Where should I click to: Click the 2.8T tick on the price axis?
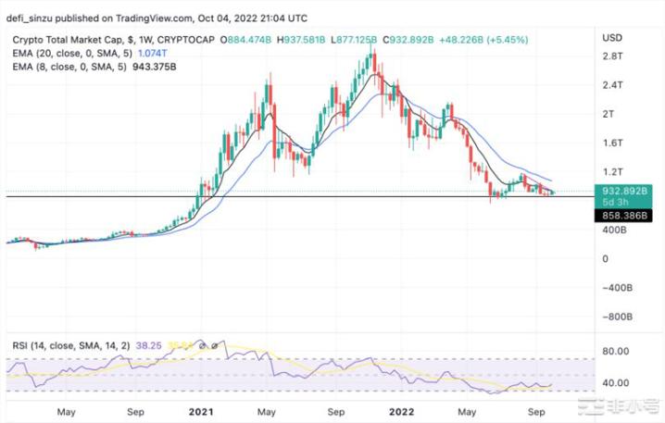tap(612, 56)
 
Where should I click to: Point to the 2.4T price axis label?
tap(612, 85)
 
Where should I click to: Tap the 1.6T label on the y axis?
tap(612, 143)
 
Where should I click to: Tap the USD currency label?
tap(612, 38)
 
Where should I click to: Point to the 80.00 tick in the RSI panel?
tap(614, 352)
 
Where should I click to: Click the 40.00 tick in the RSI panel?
tap(614, 382)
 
